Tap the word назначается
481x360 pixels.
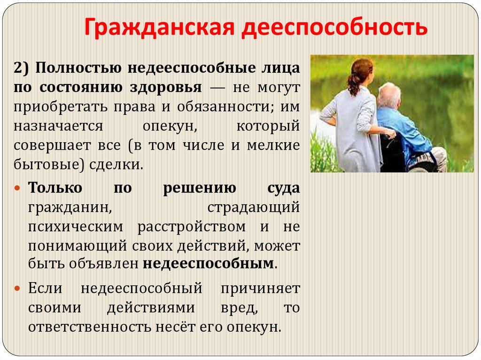pyautogui.click(x=57, y=125)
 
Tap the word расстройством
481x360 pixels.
pyautogui.click(x=192, y=227)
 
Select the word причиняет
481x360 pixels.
pyautogui.click(x=260, y=288)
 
